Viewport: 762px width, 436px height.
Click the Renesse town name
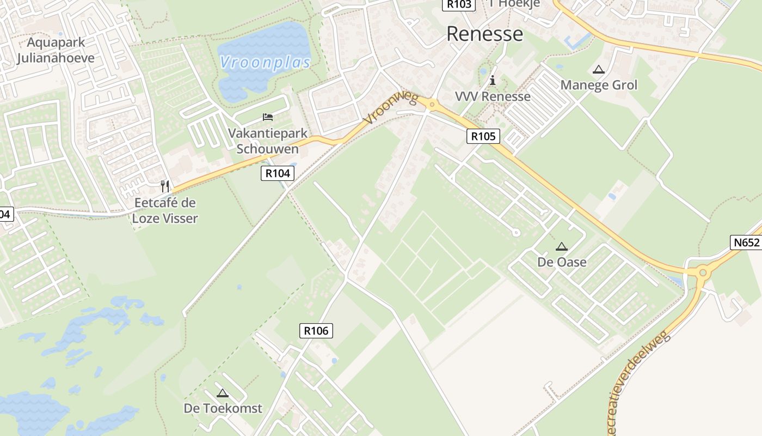[x=484, y=34]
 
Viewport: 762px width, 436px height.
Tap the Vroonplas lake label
[x=265, y=62]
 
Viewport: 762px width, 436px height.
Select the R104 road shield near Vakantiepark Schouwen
[x=278, y=173]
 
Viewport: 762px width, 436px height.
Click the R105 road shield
[x=483, y=136]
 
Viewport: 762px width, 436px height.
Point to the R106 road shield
[x=316, y=330]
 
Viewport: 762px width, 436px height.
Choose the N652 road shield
[x=746, y=243]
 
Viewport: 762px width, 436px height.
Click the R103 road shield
[x=459, y=4]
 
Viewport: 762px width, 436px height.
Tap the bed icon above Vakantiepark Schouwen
[x=267, y=117]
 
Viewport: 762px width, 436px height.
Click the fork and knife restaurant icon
[x=165, y=186]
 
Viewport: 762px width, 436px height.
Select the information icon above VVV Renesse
[x=493, y=81]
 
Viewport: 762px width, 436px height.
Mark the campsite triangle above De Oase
[x=562, y=247]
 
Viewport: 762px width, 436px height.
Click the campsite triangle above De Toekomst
[x=222, y=393]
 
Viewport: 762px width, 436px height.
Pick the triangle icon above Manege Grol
[x=599, y=70]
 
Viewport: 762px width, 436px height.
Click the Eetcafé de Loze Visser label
[x=165, y=211]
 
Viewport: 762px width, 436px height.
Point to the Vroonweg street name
[x=391, y=108]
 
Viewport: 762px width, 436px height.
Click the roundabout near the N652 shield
[x=703, y=271]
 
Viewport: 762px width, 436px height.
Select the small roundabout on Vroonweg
[x=432, y=104]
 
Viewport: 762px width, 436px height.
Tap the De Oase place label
[x=562, y=262]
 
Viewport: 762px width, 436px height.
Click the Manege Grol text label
[x=599, y=85]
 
